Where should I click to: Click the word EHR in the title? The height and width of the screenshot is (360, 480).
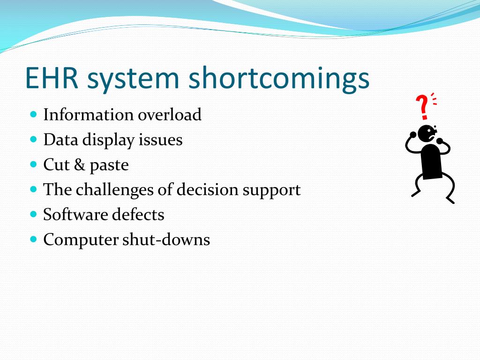tap(52, 78)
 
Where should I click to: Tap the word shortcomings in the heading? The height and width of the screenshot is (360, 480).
tap(279, 78)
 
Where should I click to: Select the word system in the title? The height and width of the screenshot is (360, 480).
tap(133, 80)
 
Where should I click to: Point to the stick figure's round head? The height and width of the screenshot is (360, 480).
tap(427, 134)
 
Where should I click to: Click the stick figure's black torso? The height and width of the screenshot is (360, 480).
tap(431, 161)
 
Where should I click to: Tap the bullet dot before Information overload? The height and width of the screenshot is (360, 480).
tap(34, 114)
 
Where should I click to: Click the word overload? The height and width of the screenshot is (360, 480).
tap(170, 114)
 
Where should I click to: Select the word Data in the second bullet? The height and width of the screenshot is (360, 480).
tap(60, 140)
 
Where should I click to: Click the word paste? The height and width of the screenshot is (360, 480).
tap(109, 165)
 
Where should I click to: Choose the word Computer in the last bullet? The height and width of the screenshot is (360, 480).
tap(81, 240)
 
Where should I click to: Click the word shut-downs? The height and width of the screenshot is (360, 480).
tap(166, 239)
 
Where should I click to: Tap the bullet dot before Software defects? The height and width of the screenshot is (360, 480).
tap(34, 214)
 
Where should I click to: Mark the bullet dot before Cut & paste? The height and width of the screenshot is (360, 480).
tap(34, 165)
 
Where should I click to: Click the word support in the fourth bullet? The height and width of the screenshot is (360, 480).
tap(272, 190)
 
